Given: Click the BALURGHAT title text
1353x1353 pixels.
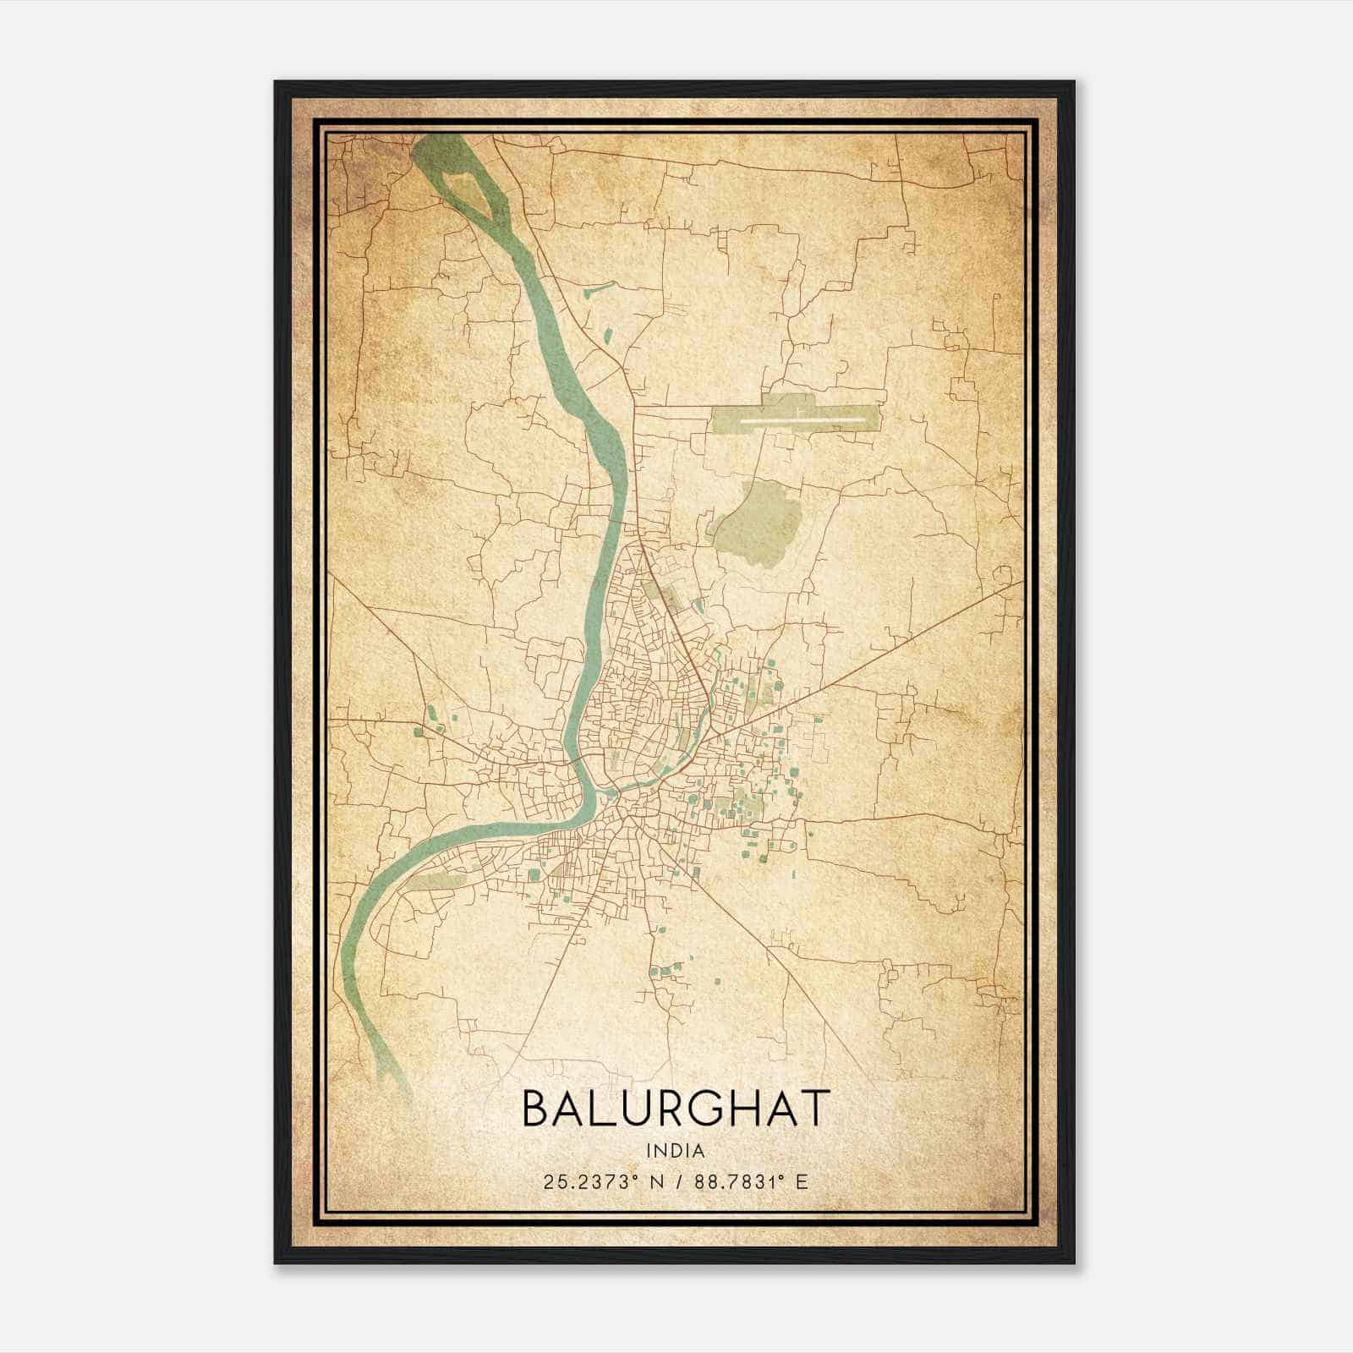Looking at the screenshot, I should [675, 1108].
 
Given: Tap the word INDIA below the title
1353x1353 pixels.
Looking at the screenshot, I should [675, 1151].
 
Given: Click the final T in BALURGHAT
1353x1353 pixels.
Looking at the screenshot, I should [814, 1108].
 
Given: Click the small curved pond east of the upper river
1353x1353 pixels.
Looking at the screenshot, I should [594, 292].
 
